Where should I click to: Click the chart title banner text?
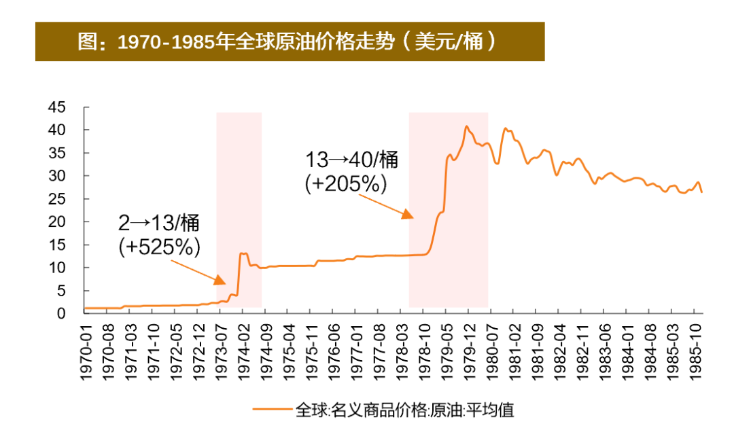[289, 42]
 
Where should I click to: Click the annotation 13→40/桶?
[351, 161]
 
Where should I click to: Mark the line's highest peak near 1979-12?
[466, 126]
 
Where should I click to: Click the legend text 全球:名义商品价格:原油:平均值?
[405, 409]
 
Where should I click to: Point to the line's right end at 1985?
[701, 192]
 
